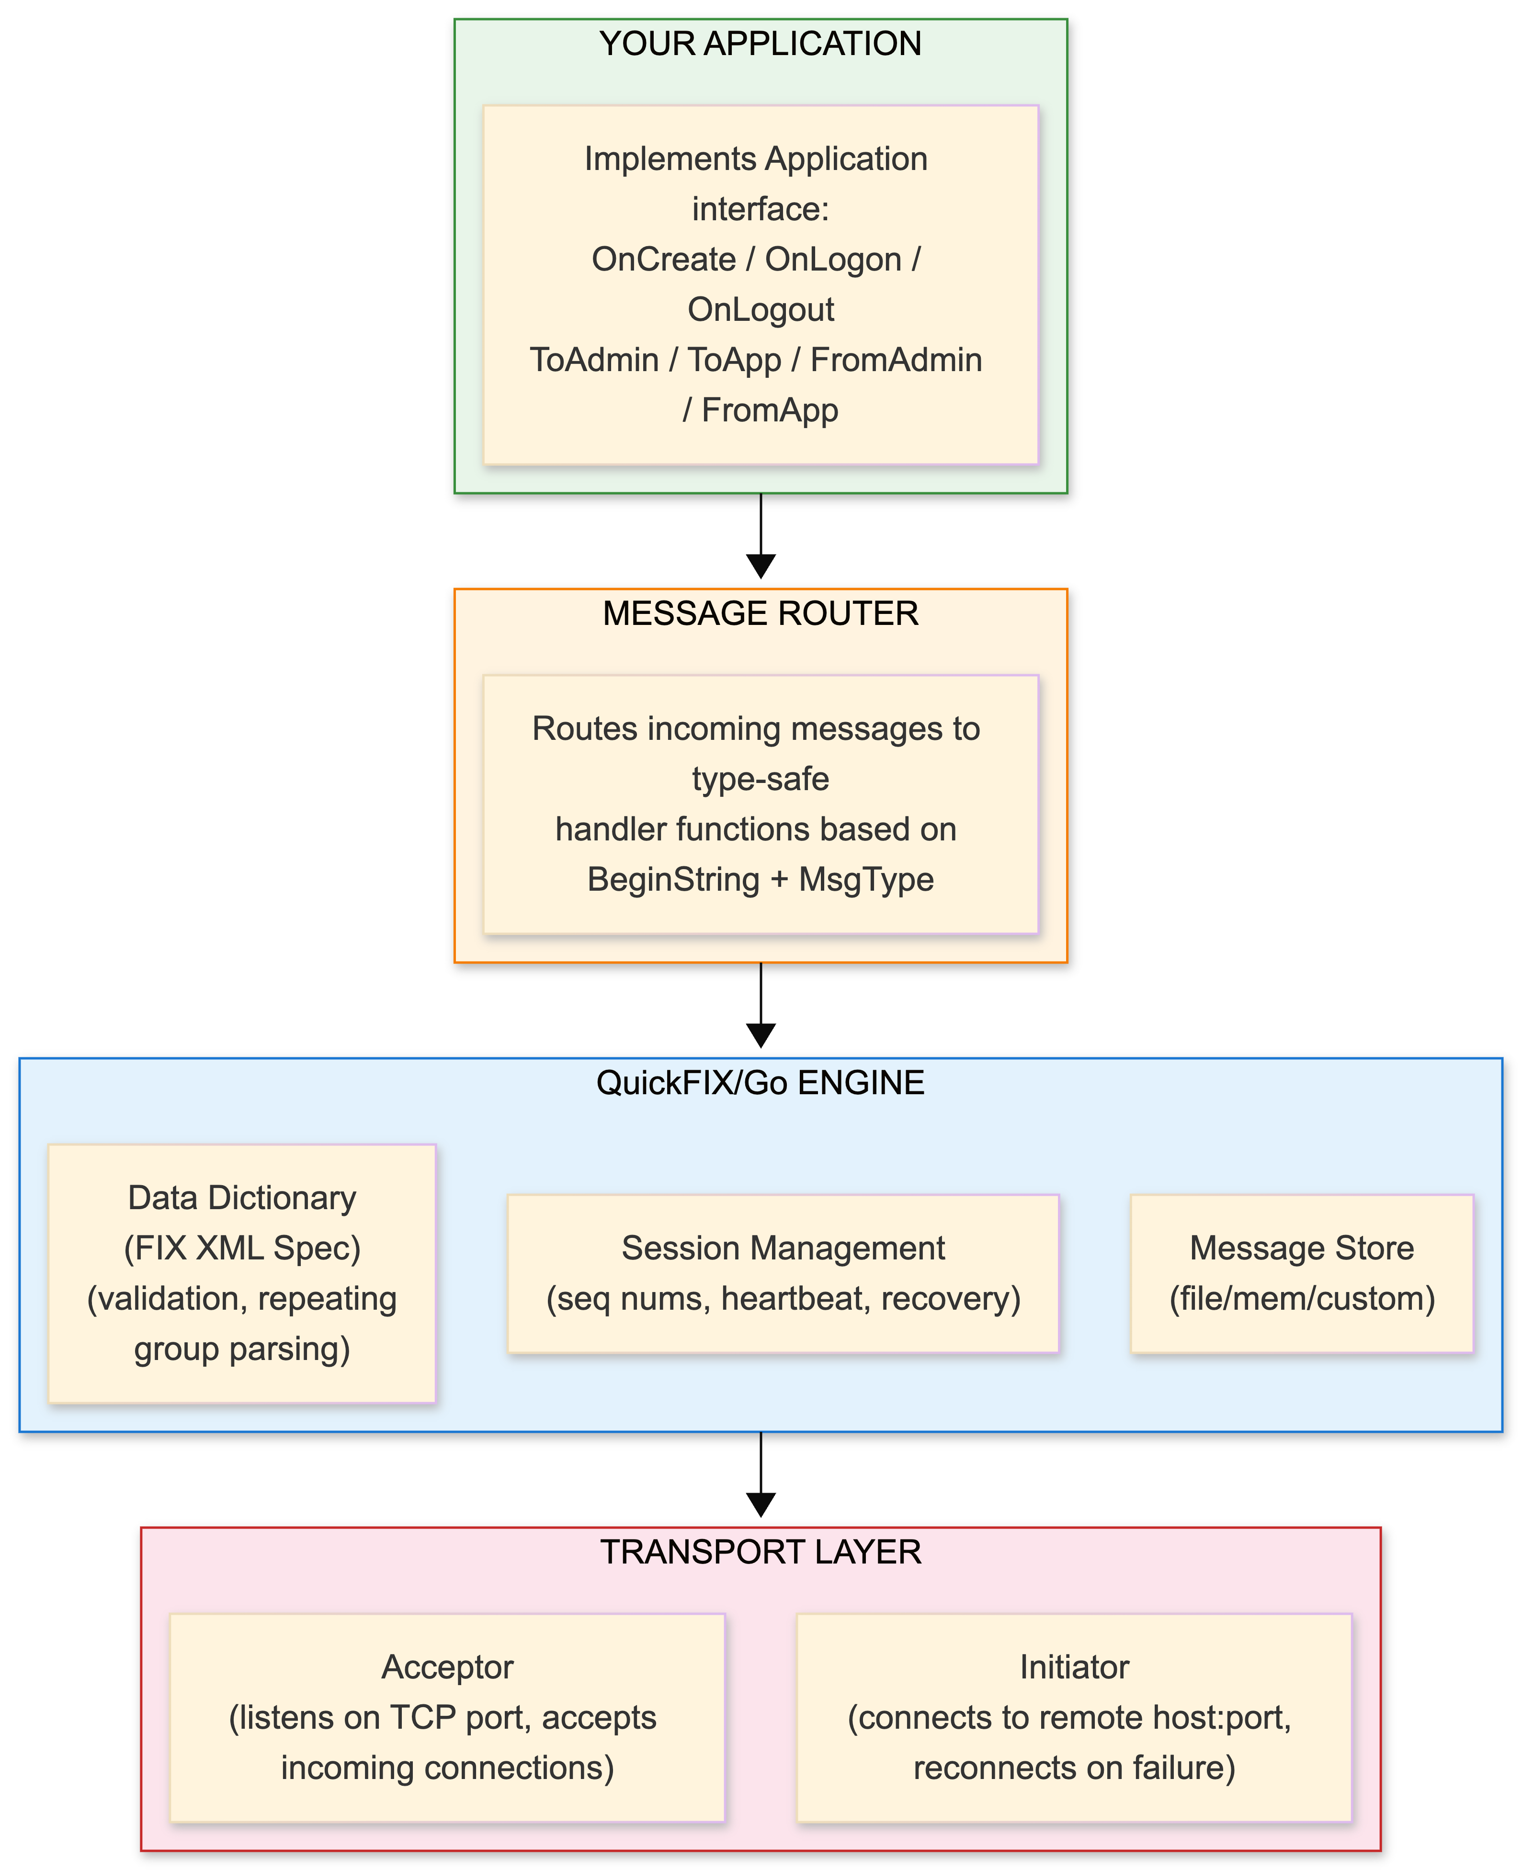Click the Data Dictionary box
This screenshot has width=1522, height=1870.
[242, 1273]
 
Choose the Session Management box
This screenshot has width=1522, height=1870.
[783, 1273]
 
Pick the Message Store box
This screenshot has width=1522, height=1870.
[1302, 1273]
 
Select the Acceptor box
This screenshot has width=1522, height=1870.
[447, 1717]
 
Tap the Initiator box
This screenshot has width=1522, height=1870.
[1074, 1717]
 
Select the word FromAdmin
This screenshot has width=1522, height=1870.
[896, 360]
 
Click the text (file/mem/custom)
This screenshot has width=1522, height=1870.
[1302, 1298]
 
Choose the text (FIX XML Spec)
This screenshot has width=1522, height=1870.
[242, 1248]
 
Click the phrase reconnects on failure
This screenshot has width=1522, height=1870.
[1074, 1768]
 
